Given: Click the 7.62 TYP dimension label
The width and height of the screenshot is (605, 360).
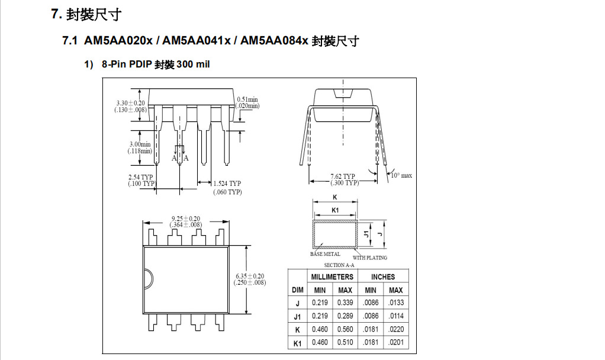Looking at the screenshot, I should tap(343, 176).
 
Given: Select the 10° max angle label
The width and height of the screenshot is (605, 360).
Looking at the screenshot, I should tap(401, 176).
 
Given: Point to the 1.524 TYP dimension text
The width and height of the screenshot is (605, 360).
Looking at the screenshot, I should tap(227, 184).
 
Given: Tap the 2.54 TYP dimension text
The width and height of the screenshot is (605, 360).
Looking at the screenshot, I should tap(141, 177).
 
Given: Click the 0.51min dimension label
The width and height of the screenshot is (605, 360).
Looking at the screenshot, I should tap(247, 99).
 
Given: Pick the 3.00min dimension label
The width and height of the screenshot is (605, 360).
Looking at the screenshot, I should tap(140, 144).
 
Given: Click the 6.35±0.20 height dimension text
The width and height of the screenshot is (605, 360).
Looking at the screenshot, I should tap(249, 276).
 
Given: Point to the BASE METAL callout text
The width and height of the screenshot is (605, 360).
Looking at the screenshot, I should tap(325, 254).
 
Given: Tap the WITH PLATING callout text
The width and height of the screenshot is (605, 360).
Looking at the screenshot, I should tap(370, 258).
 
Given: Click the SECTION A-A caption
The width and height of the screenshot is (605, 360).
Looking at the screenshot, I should tap(339, 265).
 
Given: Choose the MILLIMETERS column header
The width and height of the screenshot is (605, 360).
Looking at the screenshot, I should tap(332, 277).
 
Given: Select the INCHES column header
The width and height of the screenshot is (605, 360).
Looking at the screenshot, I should tap(383, 277).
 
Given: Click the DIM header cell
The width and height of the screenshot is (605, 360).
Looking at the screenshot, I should tap(298, 290).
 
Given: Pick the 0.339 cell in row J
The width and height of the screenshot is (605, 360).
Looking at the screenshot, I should tap(345, 303).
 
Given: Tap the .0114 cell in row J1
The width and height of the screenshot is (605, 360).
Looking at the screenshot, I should tap(395, 316).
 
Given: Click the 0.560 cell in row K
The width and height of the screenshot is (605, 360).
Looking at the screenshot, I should tap(345, 329).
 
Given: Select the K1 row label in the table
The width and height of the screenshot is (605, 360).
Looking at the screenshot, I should tap(298, 343).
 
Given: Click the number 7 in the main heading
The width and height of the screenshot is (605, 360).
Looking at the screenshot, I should tap(55, 14).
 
